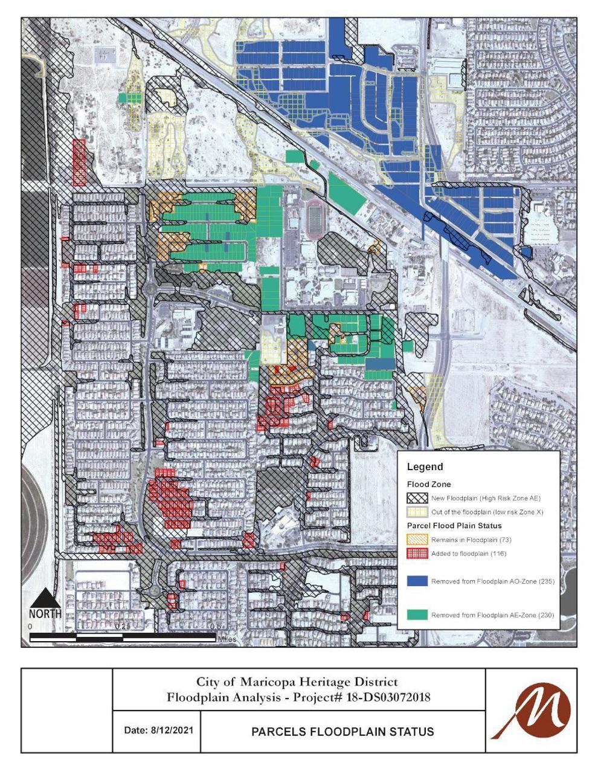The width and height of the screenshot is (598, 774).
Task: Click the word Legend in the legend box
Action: tap(425, 466)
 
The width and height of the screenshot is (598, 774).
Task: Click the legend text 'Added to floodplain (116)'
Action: tap(469, 553)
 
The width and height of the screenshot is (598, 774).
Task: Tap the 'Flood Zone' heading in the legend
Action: tap(428, 485)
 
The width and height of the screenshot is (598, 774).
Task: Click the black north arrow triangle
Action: tap(45, 599)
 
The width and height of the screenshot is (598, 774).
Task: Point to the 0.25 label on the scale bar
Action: tap(123, 627)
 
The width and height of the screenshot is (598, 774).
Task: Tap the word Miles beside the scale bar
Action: tap(227, 639)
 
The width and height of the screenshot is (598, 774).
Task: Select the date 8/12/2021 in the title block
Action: tap(158, 730)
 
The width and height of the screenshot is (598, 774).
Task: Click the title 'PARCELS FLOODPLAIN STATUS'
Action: tap(342, 732)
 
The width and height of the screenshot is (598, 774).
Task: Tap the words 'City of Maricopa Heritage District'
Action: tap(297, 682)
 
